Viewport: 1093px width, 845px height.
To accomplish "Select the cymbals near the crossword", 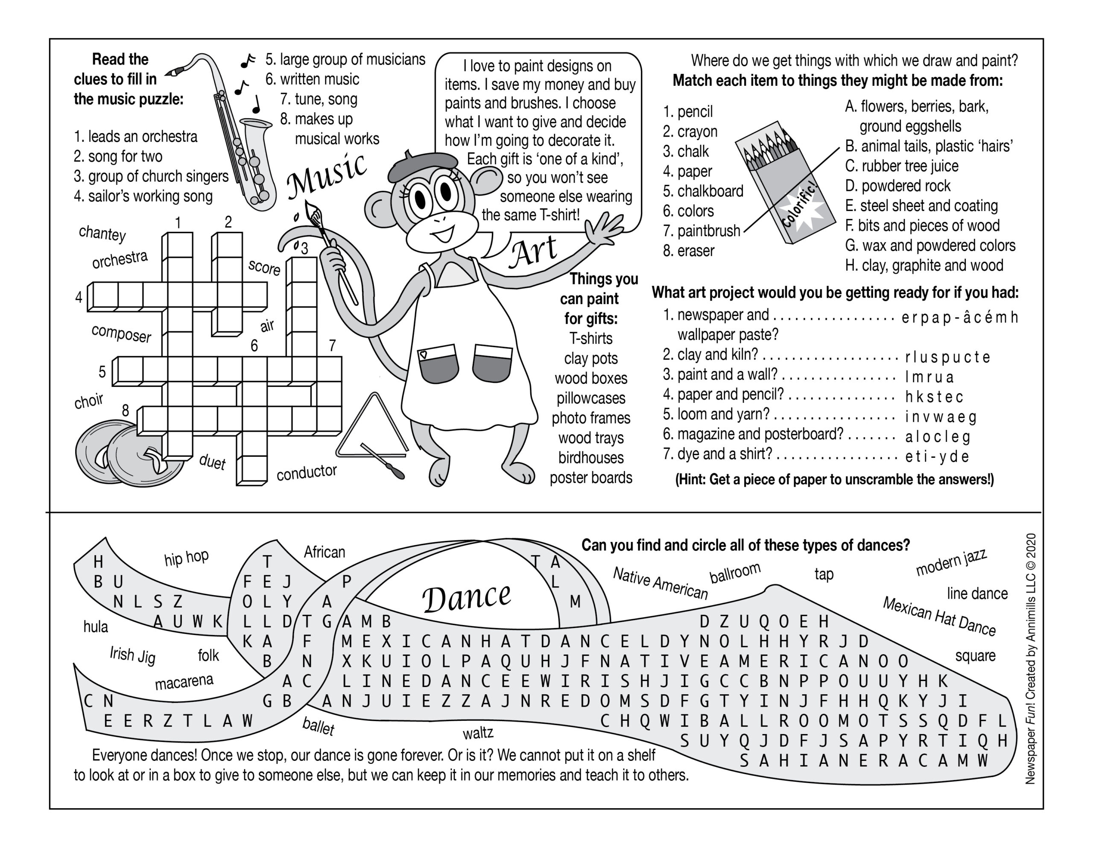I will point(128,453).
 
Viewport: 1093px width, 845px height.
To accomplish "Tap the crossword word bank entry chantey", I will point(102,233).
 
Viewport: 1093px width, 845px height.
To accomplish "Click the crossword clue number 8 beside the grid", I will point(125,410).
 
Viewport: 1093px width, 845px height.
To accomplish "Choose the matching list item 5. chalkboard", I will point(703,191).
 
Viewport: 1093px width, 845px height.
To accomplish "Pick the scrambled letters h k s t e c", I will point(934,397).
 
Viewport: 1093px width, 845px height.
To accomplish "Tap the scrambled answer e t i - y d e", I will point(937,456).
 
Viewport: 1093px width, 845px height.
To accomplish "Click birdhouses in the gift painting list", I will point(590,458).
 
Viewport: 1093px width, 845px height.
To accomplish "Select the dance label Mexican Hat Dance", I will point(939,616).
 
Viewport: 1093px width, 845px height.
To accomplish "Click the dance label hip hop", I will point(186,557).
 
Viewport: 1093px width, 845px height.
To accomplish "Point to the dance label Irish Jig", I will point(133,655).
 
